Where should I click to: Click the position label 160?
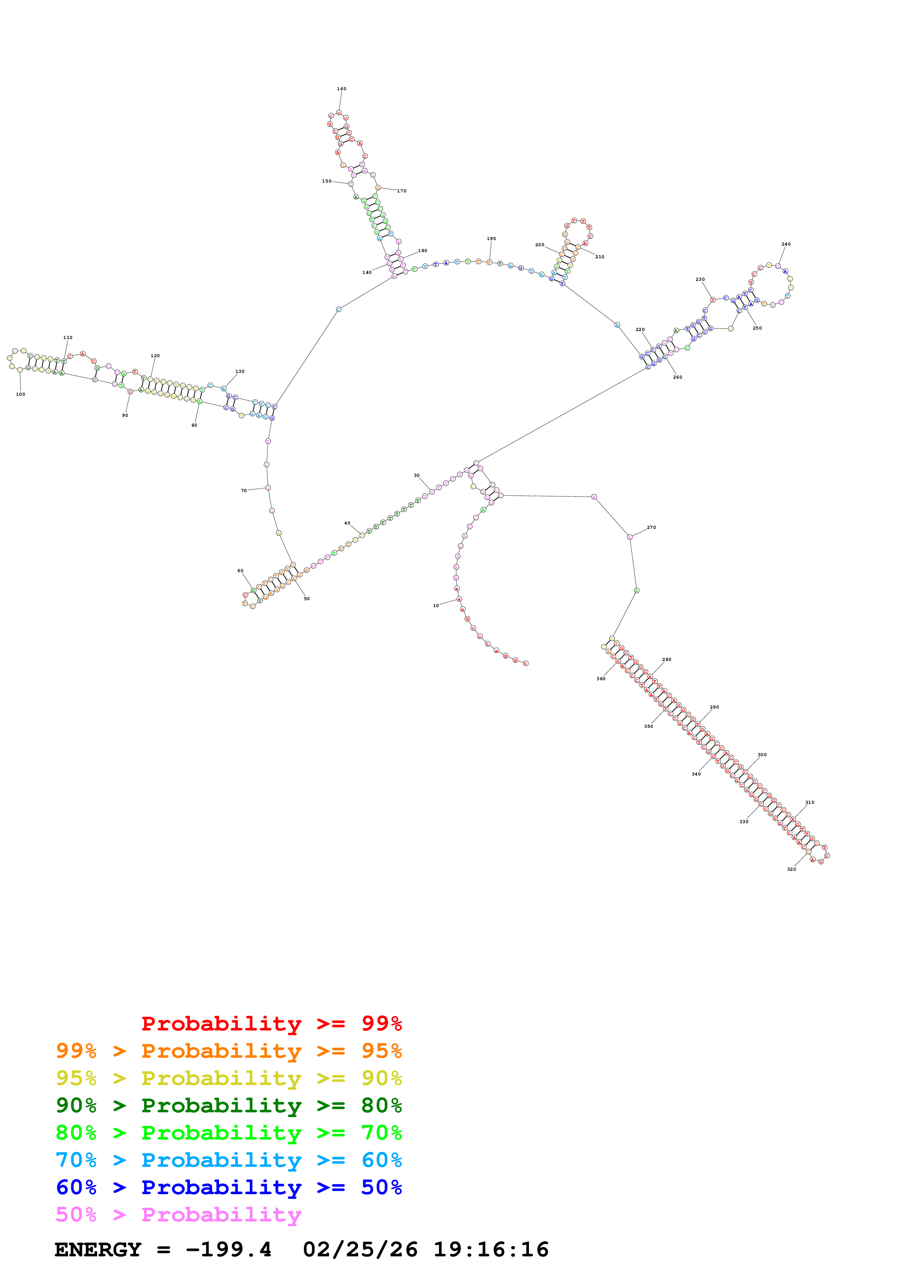(341, 89)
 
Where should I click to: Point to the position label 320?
(791, 869)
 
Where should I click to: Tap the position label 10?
(436, 606)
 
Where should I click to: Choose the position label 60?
(240, 571)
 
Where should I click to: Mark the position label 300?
(762, 755)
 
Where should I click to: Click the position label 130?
(239, 371)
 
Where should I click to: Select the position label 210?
(600, 257)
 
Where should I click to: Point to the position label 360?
(601, 679)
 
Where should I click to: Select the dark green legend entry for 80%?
(229, 1105)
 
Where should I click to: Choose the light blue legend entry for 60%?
(229, 1160)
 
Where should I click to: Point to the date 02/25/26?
(360, 1249)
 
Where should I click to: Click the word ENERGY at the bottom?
(98, 1249)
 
